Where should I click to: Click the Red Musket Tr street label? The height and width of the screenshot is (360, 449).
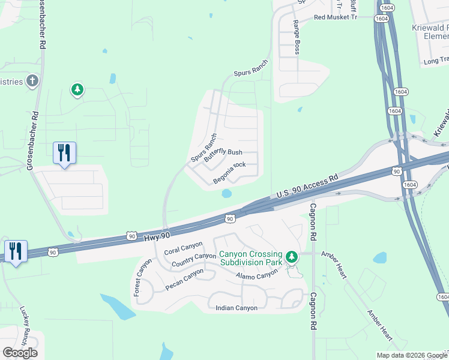pos(335,17)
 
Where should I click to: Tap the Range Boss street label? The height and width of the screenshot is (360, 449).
pos(296,37)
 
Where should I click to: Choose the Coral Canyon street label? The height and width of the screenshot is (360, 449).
pos(184,247)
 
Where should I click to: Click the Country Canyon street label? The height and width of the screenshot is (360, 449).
pos(193,260)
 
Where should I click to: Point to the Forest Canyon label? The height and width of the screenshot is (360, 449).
pos(139,277)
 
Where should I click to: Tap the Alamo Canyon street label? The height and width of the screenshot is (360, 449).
pos(257,275)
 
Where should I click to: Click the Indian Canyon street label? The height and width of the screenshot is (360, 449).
pos(236,308)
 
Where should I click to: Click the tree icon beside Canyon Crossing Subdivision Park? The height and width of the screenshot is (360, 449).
pos(292,257)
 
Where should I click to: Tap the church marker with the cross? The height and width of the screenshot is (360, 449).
pos(32,81)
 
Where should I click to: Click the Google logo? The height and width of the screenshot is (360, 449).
pos(20,352)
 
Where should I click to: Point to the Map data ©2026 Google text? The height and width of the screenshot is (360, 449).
pos(412,355)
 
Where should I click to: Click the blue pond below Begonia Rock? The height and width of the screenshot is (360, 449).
pos(226,194)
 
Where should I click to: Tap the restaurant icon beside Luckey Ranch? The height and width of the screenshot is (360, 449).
pos(15,251)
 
